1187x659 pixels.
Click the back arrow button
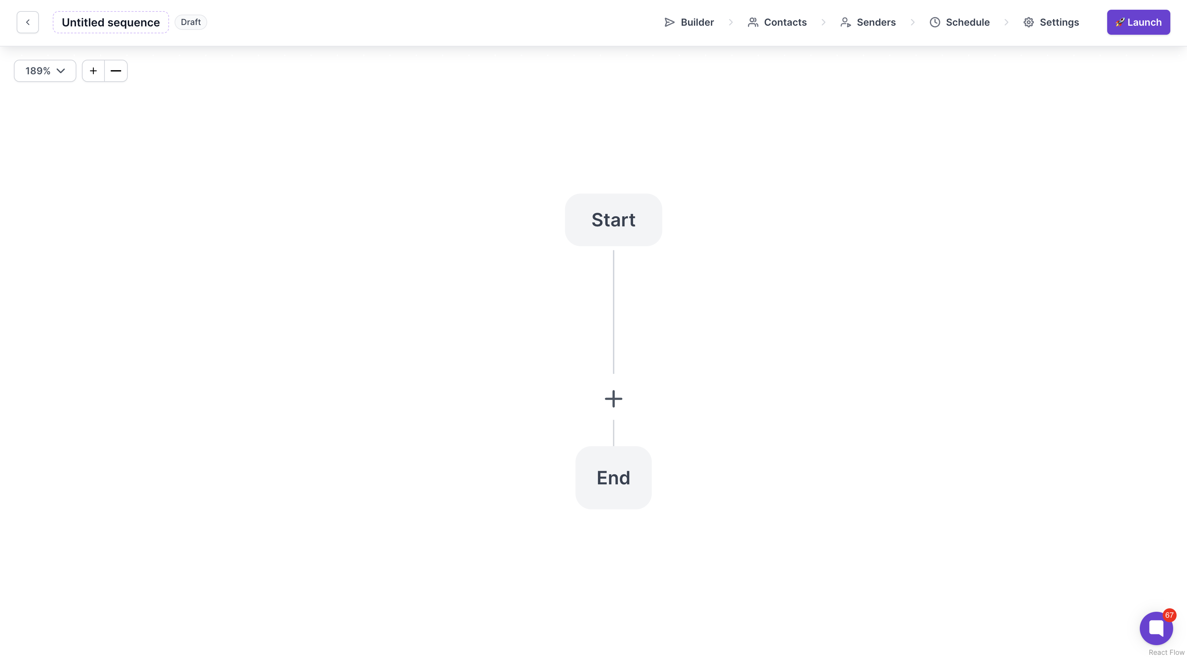point(28,22)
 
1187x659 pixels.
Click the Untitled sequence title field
point(111,22)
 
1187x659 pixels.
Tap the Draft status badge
point(191,22)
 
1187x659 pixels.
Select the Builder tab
point(689,22)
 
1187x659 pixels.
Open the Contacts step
point(777,22)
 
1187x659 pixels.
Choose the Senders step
point(868,22)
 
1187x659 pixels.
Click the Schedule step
point(959,22)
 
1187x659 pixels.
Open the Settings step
point(1051,22)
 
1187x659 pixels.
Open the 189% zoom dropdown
point(45,71)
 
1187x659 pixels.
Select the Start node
point(613,220)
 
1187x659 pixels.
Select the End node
point(613,478)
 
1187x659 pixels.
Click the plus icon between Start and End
point(613,399)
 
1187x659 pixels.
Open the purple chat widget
point(1156,628)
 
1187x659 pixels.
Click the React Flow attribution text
point(1166,652)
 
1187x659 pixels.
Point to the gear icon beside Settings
point(1028,22)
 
